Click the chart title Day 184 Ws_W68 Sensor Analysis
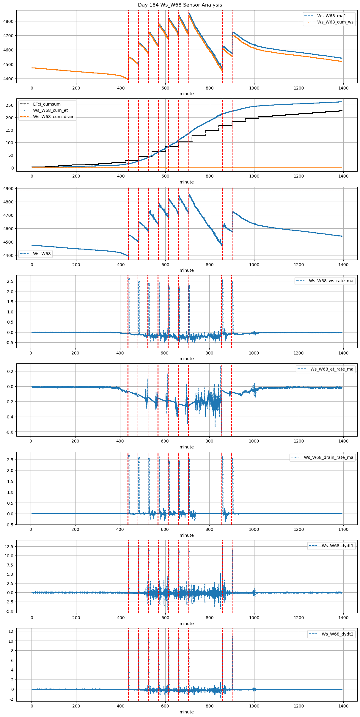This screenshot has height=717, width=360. (180, 5)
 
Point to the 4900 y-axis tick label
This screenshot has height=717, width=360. (9, 189)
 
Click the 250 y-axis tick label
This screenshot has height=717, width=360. (10, 105)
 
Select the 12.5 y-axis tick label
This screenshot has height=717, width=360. (9, 547)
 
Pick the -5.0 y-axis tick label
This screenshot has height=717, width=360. (9, 611)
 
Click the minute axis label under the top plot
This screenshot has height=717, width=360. (186, 94)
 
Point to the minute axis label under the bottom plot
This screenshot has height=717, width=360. (186, 712)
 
